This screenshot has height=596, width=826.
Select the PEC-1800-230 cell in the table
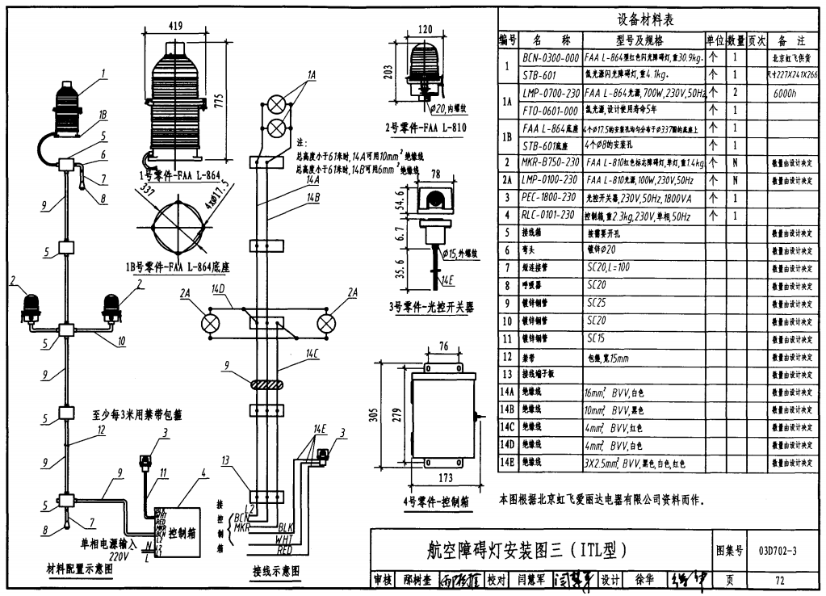click(549, 197)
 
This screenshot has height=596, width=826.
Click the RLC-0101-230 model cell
click(549, 215)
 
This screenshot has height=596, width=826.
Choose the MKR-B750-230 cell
click(550, 162)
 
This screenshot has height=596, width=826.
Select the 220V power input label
click(119, 556)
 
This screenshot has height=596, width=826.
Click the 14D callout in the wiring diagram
click(218, 289)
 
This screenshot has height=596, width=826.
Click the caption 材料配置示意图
click(80, 569)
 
